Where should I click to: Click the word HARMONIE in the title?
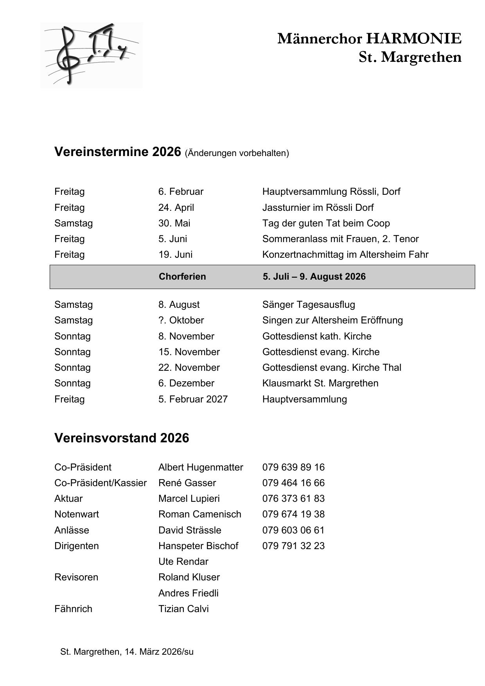tap(414, 39)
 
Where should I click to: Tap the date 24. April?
tap(176, 207)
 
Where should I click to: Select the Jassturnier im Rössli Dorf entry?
tap(318, 207)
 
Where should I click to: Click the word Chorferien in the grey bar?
tap(182, 277)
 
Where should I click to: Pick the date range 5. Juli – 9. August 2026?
tap(314, 277)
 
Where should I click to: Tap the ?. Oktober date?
tap(181, 320)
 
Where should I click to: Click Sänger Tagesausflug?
tap(309, 304)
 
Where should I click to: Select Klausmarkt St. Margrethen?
tap(320, 383)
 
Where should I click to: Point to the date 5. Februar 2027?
tap(193, 399)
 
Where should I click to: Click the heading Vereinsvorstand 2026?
tap(122, 438)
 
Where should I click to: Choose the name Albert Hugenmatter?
tap(201, 467)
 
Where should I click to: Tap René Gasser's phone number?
tap(293, 483)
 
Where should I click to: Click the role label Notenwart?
tap(77, 514)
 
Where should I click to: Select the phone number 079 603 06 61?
tap(293, 530)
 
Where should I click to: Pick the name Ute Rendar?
tap(183, 561)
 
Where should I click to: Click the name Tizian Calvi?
tap(183, 609)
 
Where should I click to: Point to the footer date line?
tap(127, 652)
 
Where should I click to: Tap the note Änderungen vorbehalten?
tap(237, 153)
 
